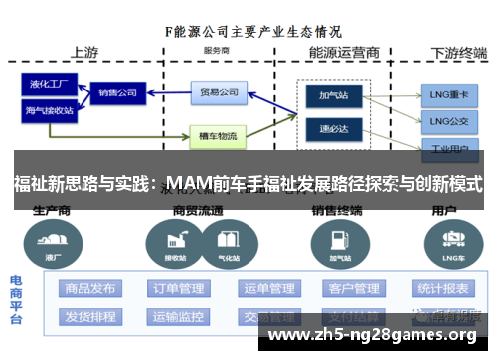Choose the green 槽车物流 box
[x=217, y=135]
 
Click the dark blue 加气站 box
[x=328, y=97]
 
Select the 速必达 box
[x=328, y=127]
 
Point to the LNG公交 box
[x=447, y=121]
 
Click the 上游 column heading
[x=84, y=51]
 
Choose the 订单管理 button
[x=179, y=289]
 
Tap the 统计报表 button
[x=442, y=289]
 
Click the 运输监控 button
[x=179, y=317]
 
